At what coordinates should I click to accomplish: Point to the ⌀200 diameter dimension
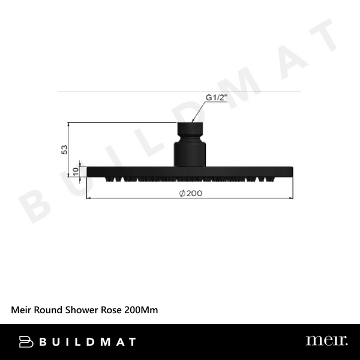click(x=190, y=193)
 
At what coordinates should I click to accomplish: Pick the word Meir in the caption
click(x=22, y=310)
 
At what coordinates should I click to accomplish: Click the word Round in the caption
click(x=50, y=310)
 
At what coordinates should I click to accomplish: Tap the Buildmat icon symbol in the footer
click(x=26, y=341)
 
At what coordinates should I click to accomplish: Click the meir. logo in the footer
click(x=326, y=341)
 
